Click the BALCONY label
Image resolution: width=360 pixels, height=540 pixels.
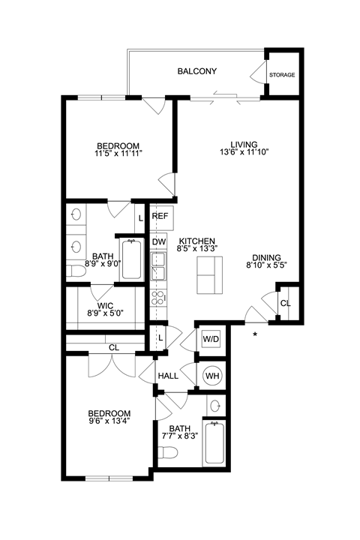tap(196, 72)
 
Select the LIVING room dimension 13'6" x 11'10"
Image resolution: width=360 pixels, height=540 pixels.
tap(244, 151)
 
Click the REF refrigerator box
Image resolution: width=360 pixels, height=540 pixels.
tap(160, 216)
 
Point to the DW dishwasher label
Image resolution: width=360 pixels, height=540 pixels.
tap(159, 241)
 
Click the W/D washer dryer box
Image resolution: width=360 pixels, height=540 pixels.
tap(211, 340)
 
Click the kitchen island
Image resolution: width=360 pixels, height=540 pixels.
tap(210, 274)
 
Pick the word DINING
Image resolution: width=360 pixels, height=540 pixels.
tap(266, 255)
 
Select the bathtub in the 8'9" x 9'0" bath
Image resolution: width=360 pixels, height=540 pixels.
tap(132, 259)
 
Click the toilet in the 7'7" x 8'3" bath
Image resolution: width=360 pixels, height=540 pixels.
tap(168, 453)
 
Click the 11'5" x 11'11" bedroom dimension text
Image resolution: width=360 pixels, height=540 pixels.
tap(118, 153)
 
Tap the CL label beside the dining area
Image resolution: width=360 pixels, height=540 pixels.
tap(285, 303)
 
